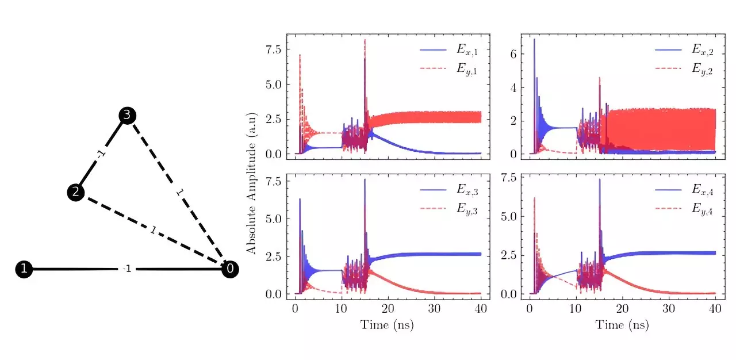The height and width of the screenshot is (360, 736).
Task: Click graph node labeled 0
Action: pyautogui.click(x=230, y=269)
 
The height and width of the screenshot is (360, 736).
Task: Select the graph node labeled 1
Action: pyautogui.click(x=24, y=269)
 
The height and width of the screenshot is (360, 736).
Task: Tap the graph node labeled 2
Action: pyautogui.click(x=75, y=192)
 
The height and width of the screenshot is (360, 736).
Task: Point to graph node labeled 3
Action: pyautogui.click(x=128, y=116)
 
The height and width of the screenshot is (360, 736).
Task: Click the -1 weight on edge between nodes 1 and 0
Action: pyautogui.click(x=127, y=269)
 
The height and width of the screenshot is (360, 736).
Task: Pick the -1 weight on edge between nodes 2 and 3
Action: pyautogui.click(x=101, y=154)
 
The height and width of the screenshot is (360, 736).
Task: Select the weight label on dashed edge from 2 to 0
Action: pyautogui.click(x=153, y=230)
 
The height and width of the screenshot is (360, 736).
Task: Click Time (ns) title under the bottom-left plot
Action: pyautogui.click(x=387, y=324)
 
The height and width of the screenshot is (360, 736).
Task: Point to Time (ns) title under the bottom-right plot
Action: pyautogui.click(x=622, y=324)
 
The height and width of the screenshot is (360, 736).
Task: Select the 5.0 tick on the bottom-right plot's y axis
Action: pyautogui.click(x=509, y=217)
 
